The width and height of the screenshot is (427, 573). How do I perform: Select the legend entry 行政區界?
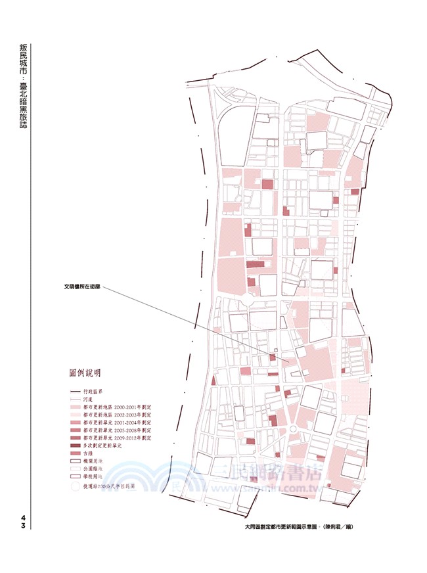click(x=95, y=392)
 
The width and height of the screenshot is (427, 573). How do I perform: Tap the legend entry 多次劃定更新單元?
click(x=104, y=446)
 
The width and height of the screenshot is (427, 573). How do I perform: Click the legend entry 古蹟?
click(x=91, y=454)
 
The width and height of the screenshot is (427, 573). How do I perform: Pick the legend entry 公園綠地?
click(x=95, y=469)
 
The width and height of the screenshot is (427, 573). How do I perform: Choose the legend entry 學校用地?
click(x=95, y=477)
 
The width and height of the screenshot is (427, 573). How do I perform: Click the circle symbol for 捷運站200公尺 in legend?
click(x=76, y=487)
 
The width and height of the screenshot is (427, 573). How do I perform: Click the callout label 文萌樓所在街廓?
click(x=83, y=286)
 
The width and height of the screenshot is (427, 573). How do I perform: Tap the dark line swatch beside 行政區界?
click(x=76, y=392)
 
